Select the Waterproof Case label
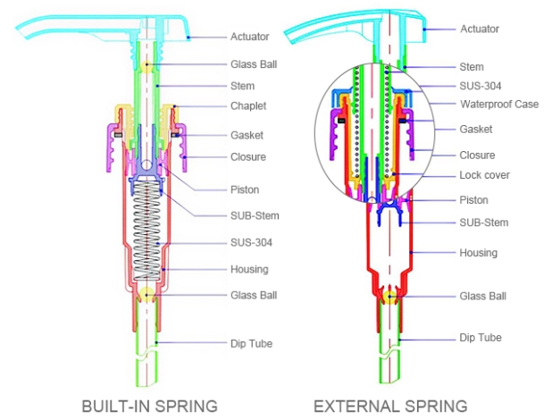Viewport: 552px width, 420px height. click(x=498, y=105)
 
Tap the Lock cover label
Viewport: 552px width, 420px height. click(x=484, y=175)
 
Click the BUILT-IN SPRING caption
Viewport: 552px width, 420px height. click(x=150, y=407)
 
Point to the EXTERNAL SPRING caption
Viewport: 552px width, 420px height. click(x=390, y=407)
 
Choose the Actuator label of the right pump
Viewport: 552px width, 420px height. click(x=480, y=29)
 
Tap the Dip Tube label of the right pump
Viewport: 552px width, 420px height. click(x=480, y=338)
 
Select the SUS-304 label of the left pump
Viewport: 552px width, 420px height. click(x=252, y=242)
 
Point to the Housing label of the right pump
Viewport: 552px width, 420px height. click(x=478, y=253)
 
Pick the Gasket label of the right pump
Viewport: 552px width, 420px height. click(x=476, y=130)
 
